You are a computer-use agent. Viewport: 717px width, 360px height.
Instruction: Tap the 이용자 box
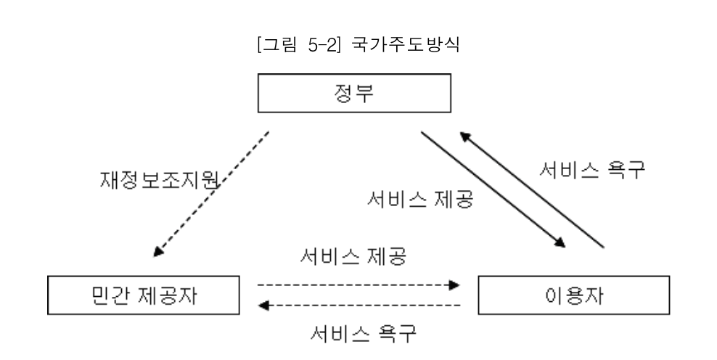coord(573,294)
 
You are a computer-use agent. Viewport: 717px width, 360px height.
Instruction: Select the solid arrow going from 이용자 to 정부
coord(533,191)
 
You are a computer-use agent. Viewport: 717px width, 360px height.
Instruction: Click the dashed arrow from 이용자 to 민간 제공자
coord(359,306)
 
